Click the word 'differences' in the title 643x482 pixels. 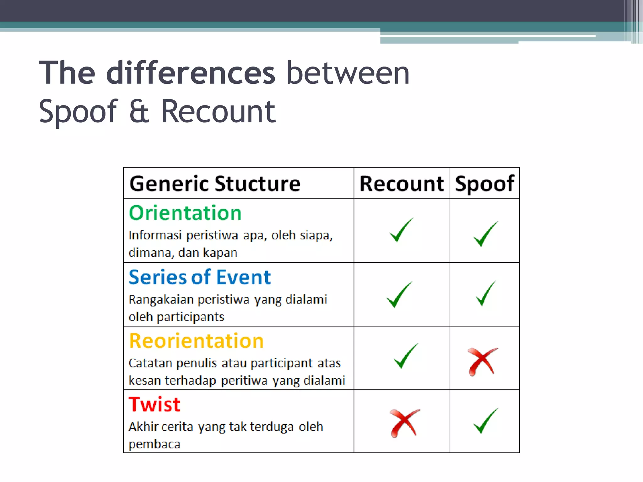pyautogui.click(x=191, y=73)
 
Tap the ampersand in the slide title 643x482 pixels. pyautogui.click(x=139, y=111)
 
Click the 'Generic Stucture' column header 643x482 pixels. pyautogui.click(x=215, y=184)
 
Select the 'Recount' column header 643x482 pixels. pyautogui.click(x=402, y=184)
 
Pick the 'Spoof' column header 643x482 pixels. pyautogui.click(x=484, y=184)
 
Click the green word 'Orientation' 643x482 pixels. pyautogui.click(x=185, y=213)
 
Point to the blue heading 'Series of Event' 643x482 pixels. pyautogui.click(x=200, y=277)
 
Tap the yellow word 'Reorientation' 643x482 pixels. pyautogui.click(x=196, y=341)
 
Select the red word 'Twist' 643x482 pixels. pyautogui.click(x=154, y=404)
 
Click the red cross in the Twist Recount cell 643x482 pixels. pyautogui.click(x=404, y=423)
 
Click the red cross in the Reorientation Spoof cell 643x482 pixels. pyautogui.click(x=482, y=361)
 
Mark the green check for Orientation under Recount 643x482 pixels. pyautogui.click(x=401, y=230)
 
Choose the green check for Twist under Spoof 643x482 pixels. pyautogui.click(x=485, y=421)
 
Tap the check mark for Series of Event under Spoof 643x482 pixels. pyautogui.click(x=485, y=294)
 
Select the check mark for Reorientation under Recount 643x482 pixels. pyautogui.click(x=405, y=356)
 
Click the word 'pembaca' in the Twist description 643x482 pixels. pyautogui.click(x=154, y=444)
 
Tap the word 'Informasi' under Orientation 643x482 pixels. pyautogui.click(x=155, y=235)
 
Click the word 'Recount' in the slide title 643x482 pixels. pyautogui.click(x=218, y=111)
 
